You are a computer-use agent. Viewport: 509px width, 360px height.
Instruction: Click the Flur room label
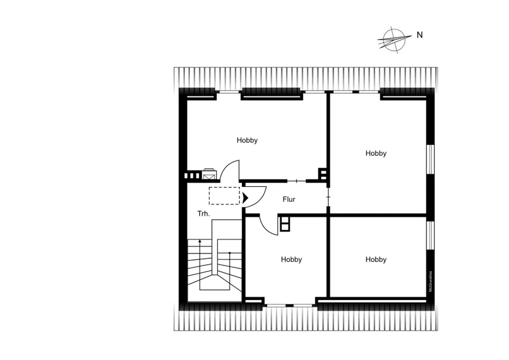(x=289, y=199)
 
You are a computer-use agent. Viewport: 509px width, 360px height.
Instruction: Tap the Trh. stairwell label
(x=204, y=214)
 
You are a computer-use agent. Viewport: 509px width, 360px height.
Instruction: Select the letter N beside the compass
(x=420, y=35)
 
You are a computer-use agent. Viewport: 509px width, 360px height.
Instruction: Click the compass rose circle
(x=394, y=40)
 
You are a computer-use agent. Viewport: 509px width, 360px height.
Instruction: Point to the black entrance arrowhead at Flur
(x=246, y=198)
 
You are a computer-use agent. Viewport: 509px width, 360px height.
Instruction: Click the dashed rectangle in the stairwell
(x=225, y=196)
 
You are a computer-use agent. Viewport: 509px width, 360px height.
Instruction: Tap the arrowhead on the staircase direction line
(x=199, y=241)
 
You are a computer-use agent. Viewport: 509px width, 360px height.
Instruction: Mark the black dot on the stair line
(x=229, y=253)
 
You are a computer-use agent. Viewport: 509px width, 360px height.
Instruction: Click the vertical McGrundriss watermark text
(x=431, y=282)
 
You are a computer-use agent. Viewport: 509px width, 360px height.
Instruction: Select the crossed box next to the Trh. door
(x=208, y=175)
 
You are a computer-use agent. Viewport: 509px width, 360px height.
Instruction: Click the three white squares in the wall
(x=192, y=176)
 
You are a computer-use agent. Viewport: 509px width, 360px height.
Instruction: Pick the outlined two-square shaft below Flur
(x=284, y=223)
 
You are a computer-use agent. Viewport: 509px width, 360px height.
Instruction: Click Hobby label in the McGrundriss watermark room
(x=376, y=259)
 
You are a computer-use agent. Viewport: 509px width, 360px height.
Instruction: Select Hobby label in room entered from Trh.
(x=247, y=140)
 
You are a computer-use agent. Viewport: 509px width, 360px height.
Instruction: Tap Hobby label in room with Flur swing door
(x=291, y=259)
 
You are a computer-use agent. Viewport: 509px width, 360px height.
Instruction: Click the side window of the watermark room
(x=431, y=235)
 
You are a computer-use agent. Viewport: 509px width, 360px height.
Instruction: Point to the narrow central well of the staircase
(x=214, y=247)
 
